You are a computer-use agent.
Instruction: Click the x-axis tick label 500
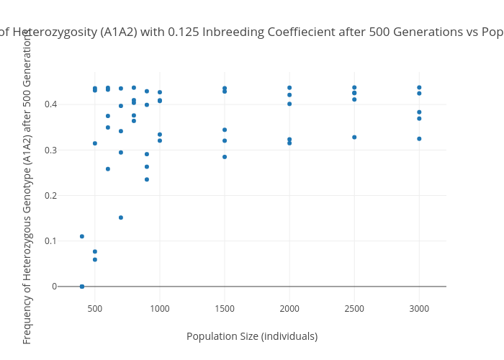tap(95, 308)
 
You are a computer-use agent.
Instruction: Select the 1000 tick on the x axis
tap(160, 308)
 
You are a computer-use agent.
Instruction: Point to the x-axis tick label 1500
tap(225, 308)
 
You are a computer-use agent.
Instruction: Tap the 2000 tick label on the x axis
tap(289, 308)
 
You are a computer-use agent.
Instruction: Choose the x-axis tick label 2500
tap(354, 308)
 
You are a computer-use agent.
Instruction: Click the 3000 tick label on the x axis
tap(419, 308)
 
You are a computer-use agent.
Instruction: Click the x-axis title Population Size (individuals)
tap(252, 336)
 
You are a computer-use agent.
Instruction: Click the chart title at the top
tap(252, 32)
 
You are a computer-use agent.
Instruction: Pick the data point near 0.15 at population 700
tap(121, 217)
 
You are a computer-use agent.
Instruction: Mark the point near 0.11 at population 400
tap(82, 236)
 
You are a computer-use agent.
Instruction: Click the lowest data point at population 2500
tap(354, 137)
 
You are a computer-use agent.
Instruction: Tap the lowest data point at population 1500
tap(225, 157)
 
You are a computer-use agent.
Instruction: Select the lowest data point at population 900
tap(147, 179)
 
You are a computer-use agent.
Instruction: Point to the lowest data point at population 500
tap(95, 260)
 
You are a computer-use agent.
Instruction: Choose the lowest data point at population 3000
tap(419, 138)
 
